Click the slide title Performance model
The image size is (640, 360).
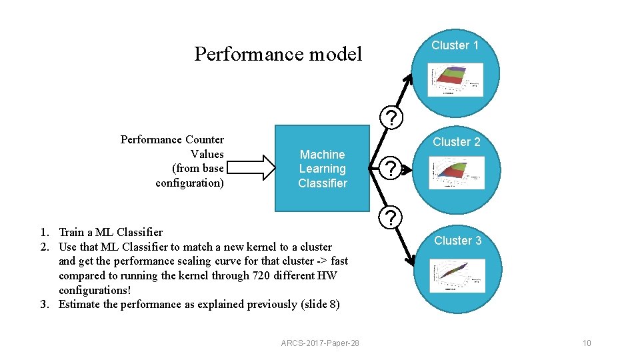[277, 54]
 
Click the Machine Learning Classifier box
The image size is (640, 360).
[323, 169]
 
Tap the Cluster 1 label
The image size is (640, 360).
[455, 45]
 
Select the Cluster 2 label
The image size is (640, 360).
[456, 142]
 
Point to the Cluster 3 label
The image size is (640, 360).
[457, 241]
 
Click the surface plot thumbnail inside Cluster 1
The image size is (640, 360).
[456, 77]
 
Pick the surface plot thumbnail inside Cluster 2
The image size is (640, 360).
[457, 173]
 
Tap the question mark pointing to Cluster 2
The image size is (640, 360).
[393, 168]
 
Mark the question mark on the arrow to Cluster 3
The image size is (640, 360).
[393, 217]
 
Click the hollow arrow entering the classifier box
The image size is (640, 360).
[256, 169]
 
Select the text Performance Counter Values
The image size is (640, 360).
[172, 147]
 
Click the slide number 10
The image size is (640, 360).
[587, 343]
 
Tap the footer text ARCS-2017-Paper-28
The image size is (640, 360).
[320, 343]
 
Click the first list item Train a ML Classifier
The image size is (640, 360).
[110, 233]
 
